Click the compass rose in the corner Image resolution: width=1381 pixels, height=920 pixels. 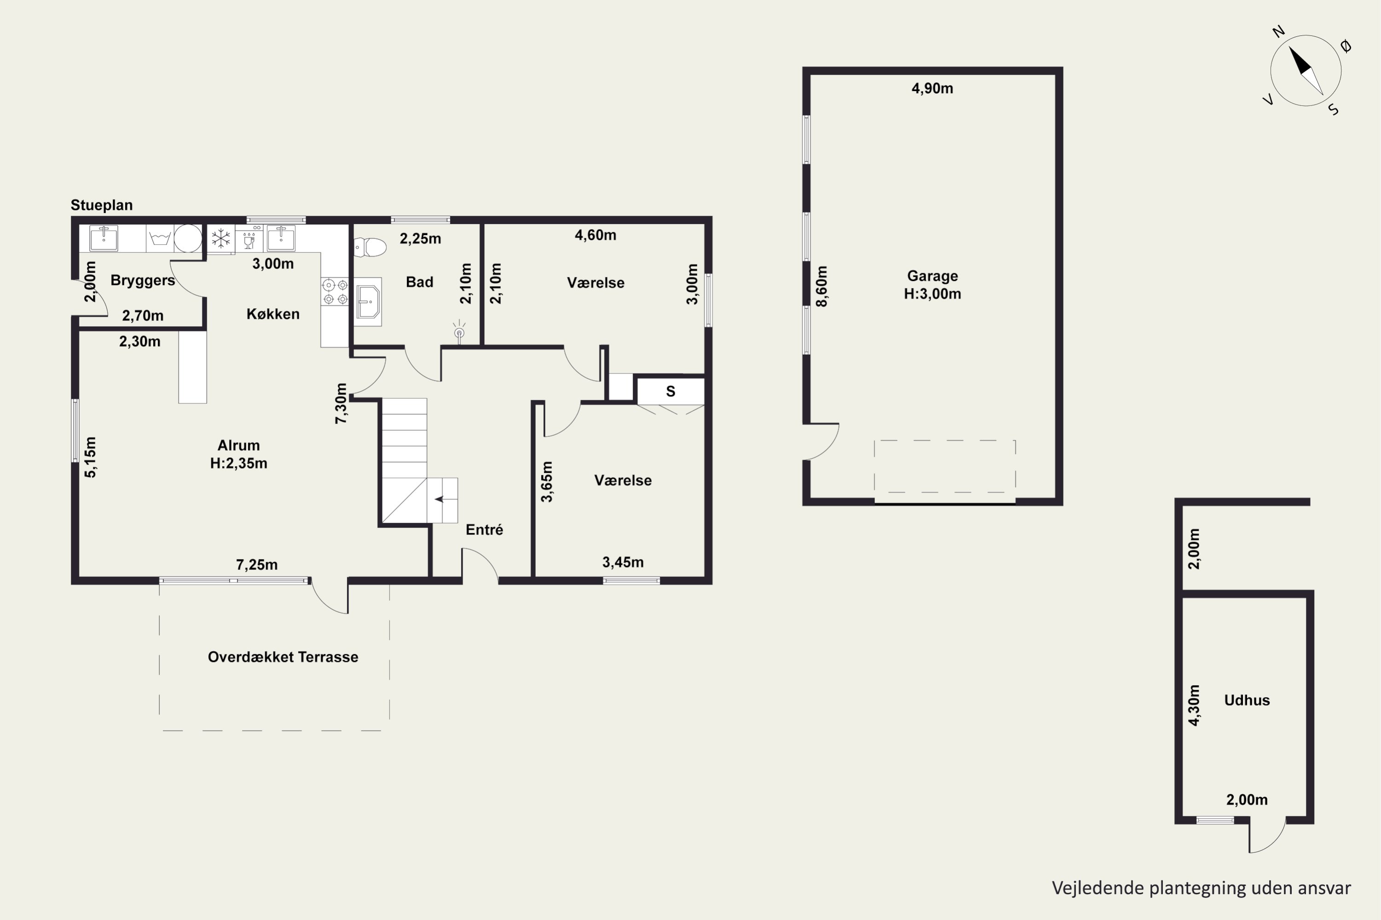point(1306,71)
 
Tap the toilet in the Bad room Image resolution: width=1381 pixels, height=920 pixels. point(370,247)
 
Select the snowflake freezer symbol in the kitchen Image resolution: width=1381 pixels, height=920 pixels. point(221,238)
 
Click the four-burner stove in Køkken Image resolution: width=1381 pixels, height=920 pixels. point(335,292)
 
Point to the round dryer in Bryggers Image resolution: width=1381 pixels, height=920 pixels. point(188,238)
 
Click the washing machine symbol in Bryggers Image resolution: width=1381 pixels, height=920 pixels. point(160,238)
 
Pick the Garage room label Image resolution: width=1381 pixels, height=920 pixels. point(933,276)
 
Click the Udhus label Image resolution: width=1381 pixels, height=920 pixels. point(1247,700)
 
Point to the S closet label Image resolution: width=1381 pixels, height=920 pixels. point(671,391)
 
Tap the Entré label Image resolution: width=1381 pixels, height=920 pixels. point(484,530)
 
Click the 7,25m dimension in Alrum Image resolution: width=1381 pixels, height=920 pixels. point(256,564)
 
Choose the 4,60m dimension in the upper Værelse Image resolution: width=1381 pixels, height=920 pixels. point(595,235)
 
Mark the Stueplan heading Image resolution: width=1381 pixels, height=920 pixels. point(102,205)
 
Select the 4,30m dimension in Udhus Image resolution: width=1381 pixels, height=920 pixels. point(1194,705)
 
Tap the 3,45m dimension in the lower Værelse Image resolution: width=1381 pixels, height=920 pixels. point(623,562)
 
